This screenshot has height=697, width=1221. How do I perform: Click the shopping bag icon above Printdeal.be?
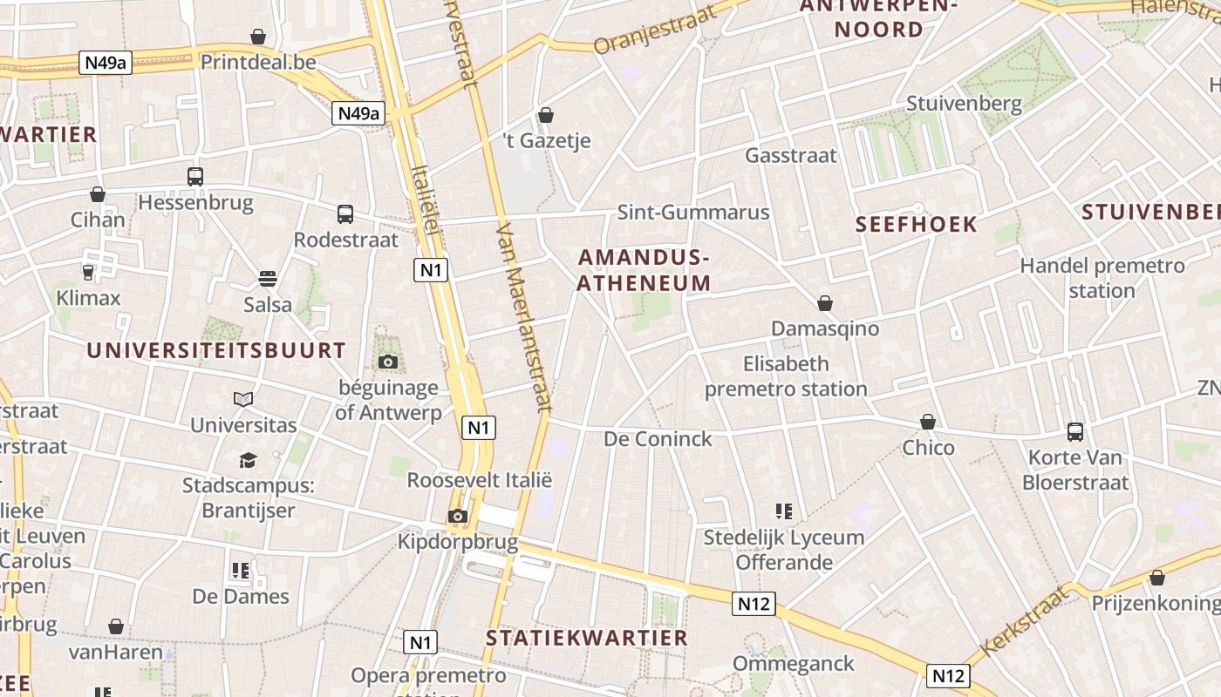point(257,37)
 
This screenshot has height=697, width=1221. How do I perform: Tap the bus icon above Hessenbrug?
point(195,177)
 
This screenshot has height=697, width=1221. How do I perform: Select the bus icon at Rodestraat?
point(345,213)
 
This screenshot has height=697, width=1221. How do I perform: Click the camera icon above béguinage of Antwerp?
point(388,362)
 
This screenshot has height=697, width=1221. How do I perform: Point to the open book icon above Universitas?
point(243,400)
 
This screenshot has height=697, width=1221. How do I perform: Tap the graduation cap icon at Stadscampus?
point(249,460)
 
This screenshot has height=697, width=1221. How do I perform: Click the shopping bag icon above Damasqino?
point(825,303)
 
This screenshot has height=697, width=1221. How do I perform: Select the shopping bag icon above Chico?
point(928,423)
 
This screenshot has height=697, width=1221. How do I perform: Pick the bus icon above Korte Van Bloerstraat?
point(1075,432)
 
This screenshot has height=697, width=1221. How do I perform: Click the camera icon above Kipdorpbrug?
point(457,517)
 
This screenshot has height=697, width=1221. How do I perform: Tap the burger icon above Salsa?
point(268,279)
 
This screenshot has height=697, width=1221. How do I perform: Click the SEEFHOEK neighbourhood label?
point(917,225)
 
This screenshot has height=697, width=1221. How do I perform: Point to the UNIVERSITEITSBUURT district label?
point(216,350)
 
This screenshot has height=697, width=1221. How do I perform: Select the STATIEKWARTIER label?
point(587,638)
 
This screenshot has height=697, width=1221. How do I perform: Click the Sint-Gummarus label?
point(693,213)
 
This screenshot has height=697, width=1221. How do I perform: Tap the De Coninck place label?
point(658,438)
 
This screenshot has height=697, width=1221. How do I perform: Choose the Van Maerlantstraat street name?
point(524,315)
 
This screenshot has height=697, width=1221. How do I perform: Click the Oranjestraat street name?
point(655,30)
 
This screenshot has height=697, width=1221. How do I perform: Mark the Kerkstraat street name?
point(1025,621)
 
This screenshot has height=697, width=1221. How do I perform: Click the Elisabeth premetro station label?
point(786,376)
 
